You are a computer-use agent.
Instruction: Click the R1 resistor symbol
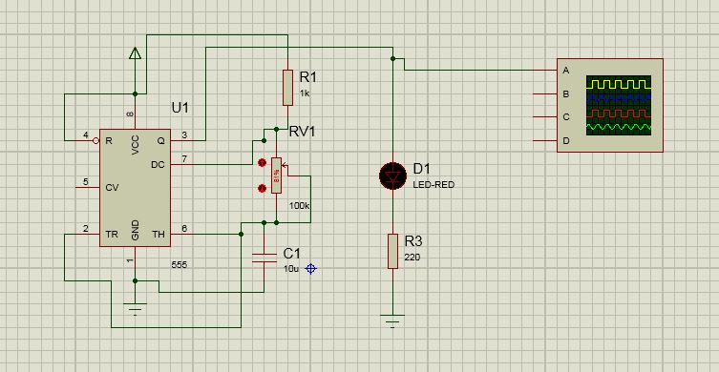tap(286, 87)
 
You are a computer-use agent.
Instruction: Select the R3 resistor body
tap(392, 251)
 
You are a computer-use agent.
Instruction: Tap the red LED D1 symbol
tap(392, 176)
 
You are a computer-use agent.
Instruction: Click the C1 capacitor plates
tap(264, 256)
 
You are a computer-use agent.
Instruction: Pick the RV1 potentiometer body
tap(277, 175)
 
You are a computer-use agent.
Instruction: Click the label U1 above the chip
tap(180, 106)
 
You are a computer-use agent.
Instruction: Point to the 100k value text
tap(300, 206)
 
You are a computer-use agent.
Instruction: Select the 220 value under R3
tap(411, 258)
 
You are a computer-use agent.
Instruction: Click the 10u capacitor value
tap(292, 270)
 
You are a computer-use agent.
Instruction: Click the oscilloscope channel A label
tap(566, 71)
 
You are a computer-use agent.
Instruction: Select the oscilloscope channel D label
tap(566, 141)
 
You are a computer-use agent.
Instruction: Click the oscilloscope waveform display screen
tap(620, 106)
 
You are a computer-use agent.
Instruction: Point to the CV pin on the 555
tap(112, 185)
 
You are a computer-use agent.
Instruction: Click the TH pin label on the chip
tap(159, 233)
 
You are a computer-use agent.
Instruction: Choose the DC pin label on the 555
tap(159, 164)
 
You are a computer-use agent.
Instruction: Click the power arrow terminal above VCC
tap(136, 55)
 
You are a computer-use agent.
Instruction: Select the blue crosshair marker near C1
tap(310, 269)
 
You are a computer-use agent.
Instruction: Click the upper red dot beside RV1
tap(261, 158)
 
